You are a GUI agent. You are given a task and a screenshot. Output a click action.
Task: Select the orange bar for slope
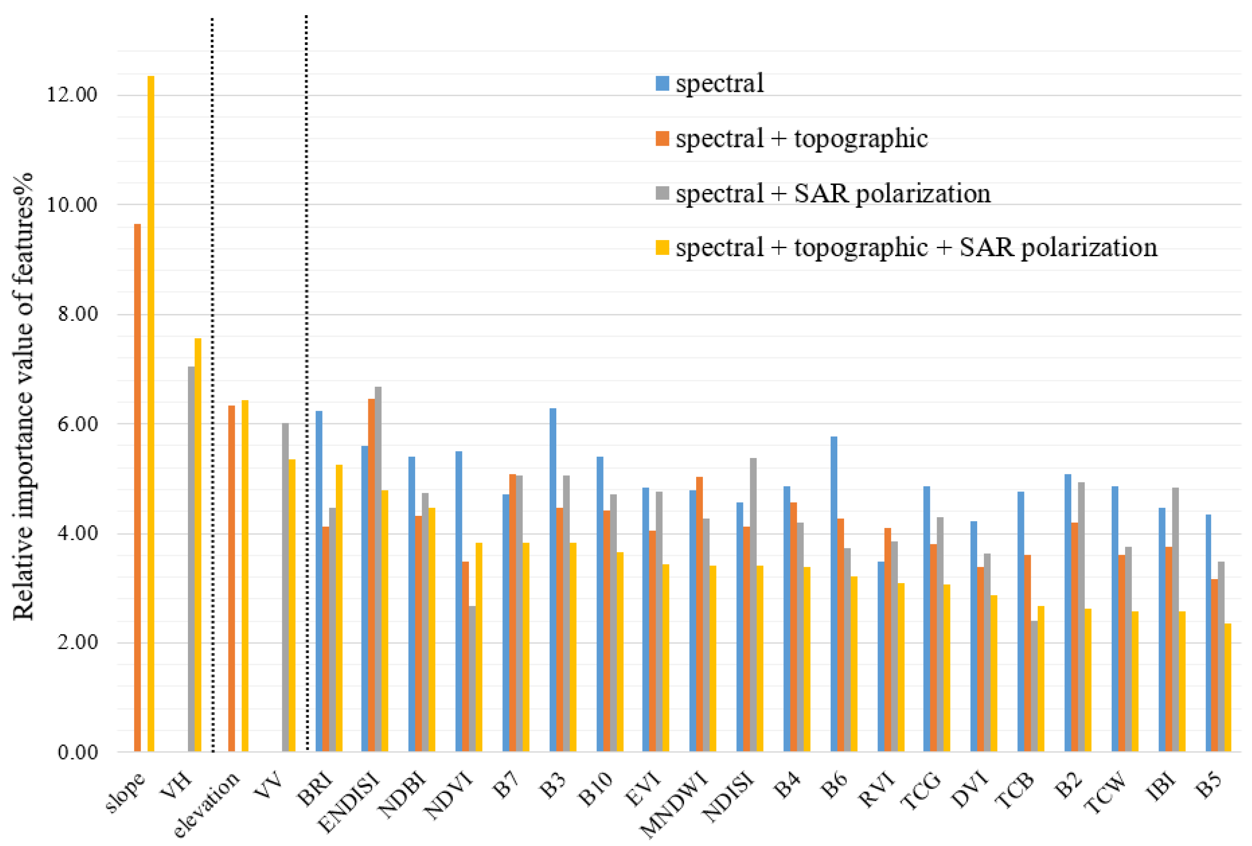[137, 488]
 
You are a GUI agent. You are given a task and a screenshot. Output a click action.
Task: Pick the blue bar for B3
[553, 580]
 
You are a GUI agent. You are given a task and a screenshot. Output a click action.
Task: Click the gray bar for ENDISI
[378, 569]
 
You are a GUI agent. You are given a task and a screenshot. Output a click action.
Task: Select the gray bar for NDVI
[473, 678]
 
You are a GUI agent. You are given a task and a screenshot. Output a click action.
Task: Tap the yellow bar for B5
[1228, 687]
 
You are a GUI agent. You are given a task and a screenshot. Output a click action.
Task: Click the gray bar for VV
[285, 587]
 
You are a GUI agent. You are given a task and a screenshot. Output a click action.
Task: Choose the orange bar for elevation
[232, 579]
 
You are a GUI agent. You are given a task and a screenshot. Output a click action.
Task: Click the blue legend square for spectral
[662, 83]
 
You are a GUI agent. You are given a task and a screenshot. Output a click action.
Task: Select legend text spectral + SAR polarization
[833, 193]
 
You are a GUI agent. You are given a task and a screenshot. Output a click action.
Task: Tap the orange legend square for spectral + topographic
[662, 139]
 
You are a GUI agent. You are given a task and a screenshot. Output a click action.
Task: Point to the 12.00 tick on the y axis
[72, 95]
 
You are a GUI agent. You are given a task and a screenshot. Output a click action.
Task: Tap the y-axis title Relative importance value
[23, 396]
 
